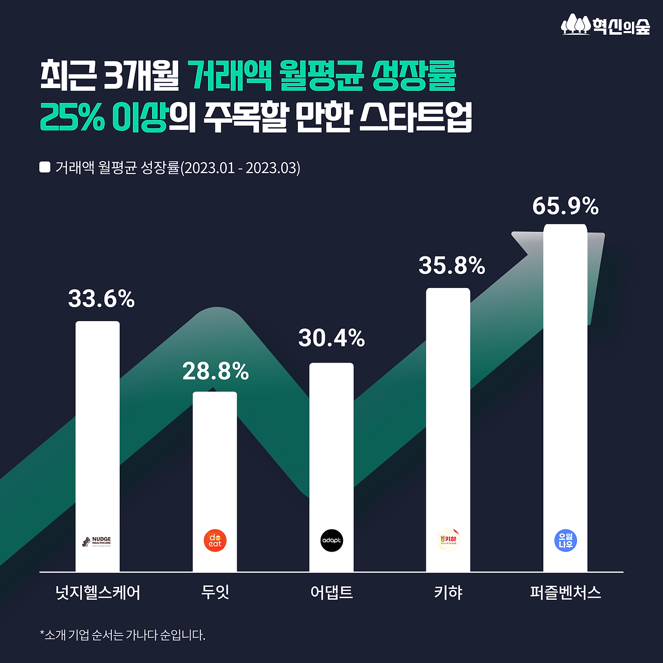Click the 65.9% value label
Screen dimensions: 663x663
pos(565,206)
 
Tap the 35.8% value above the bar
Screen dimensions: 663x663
pos(452,266)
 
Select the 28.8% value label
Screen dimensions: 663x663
pos(215,371)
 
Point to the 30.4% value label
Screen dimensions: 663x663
pos(331,338)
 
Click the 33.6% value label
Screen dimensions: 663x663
pos(102,299)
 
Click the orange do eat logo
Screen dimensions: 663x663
pos(215,541)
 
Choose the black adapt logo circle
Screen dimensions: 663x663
pos(331,541)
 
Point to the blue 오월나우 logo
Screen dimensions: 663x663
pos(565,541)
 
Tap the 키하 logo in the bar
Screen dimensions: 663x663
pos(448,540)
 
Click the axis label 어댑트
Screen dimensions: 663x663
pos(331,592)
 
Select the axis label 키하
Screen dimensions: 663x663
pos(448,592)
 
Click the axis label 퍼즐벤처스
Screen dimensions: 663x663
pos(565,592)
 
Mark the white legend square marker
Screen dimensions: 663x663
pos(45,167)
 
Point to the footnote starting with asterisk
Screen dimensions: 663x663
pos(123,635)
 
